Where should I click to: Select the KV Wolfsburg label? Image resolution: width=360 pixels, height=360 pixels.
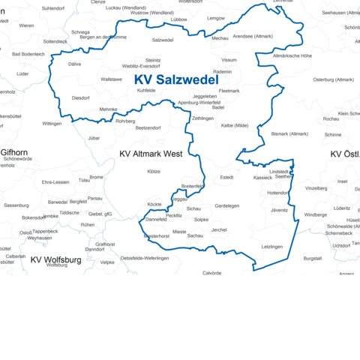(x=55, y=259)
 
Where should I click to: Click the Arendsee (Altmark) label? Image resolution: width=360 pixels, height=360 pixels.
(x=253, y=36)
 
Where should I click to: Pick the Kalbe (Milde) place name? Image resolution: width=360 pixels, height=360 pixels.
(x=235, y=125)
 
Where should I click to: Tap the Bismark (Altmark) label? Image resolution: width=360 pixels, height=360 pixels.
(x=289, y=133)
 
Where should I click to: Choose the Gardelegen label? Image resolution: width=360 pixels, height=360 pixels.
(x=226, y=205)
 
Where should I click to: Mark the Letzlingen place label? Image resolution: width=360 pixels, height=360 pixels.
(x=272, y=246)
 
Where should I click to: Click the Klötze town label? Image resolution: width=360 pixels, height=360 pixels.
(x=154, y=172)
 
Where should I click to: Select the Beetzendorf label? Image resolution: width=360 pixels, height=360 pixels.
(x=148, y=128)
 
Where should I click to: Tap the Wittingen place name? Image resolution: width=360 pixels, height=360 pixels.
(x=52, y=123)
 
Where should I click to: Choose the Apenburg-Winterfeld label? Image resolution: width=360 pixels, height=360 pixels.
(x=199, y=102)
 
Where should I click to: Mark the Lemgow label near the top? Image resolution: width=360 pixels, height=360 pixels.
(x=215, y=17)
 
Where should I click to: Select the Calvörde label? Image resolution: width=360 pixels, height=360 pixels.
(x=211, y=273)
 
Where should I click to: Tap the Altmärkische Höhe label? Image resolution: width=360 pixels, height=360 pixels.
(x=292, y=55)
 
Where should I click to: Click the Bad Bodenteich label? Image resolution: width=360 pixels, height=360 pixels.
(x=28, y=54)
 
